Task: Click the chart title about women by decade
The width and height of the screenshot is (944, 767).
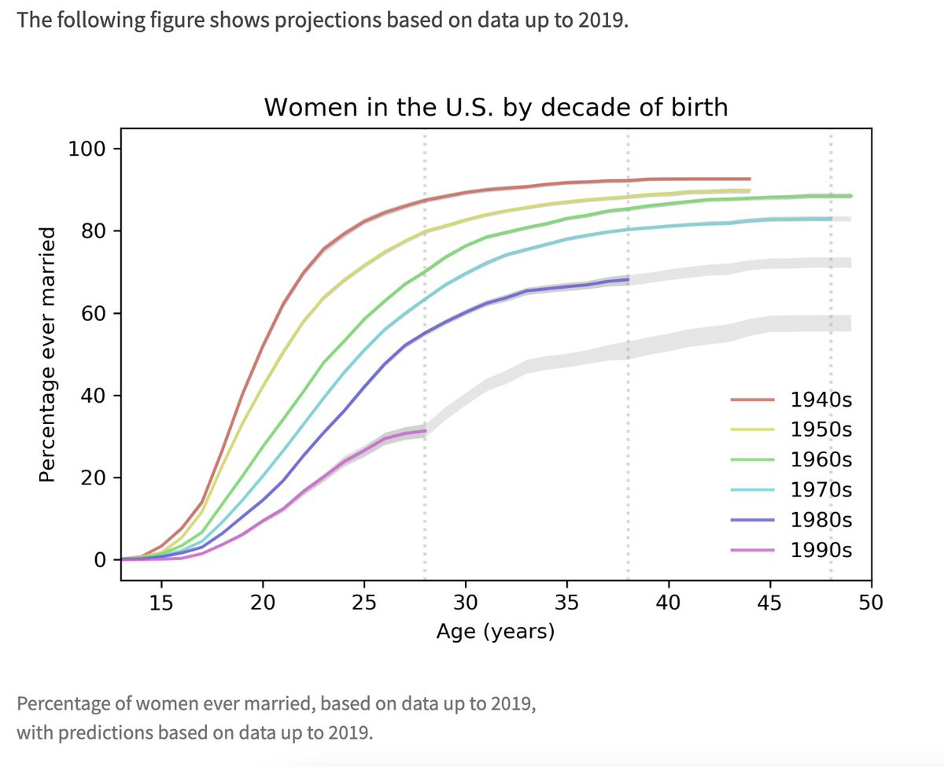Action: [496, 106]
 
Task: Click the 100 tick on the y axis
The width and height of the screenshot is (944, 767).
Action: [87, 149]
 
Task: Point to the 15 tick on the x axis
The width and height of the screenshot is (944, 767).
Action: [161, 603]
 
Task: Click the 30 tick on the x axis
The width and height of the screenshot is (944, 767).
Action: [466, 603]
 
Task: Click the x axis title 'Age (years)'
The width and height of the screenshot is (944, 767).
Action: [496, 632]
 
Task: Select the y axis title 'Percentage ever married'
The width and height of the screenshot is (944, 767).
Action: [48, 354]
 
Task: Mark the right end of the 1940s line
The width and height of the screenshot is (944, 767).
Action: [750, 179]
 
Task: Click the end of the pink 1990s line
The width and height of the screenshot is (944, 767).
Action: [425, 430]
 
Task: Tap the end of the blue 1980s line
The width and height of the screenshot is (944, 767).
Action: [628, 279]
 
